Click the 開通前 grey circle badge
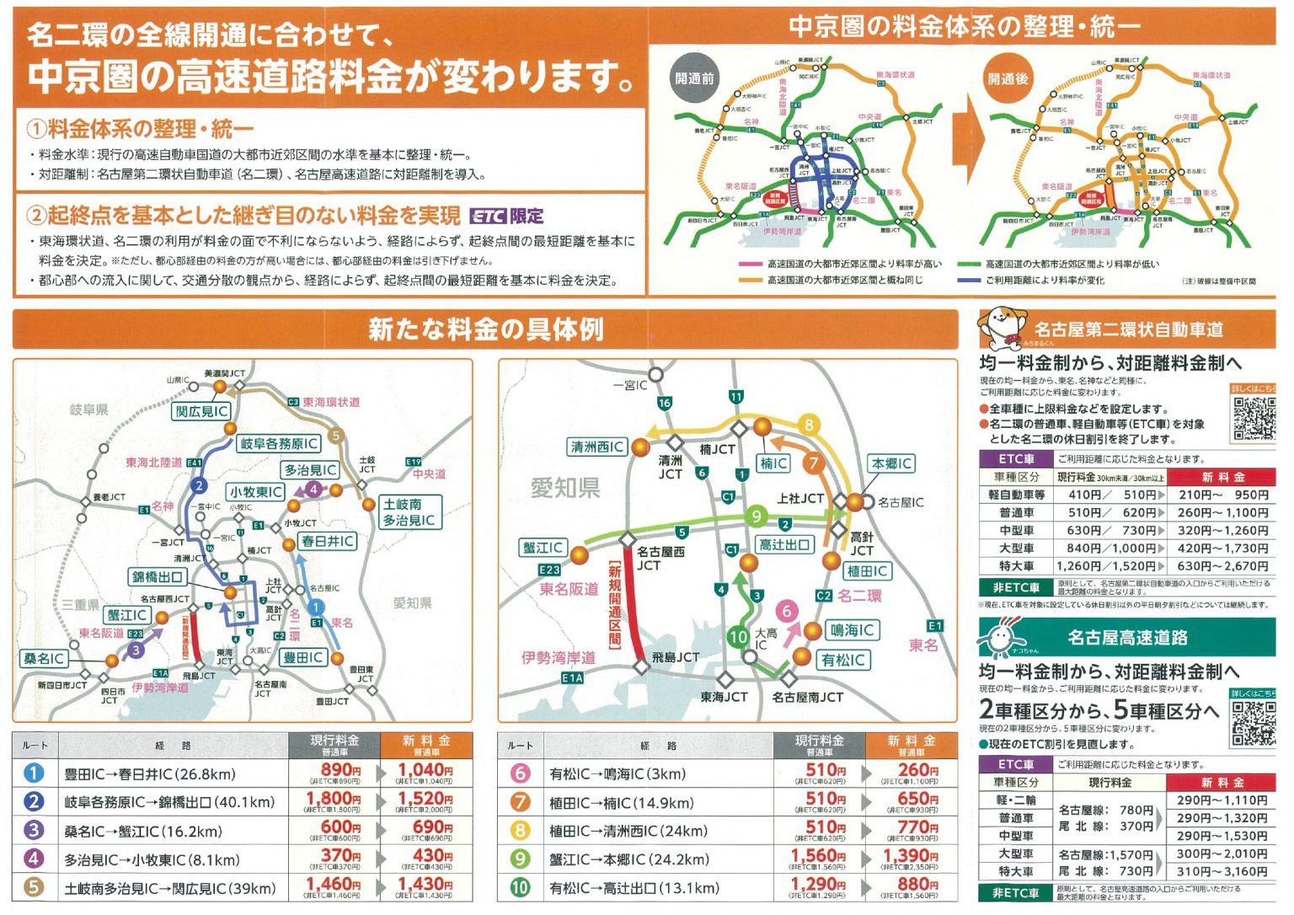click(694, 78)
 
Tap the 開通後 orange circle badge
click(1008, 78)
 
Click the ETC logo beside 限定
click(488, 216)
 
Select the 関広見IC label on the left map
click(201, 411)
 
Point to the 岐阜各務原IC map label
click(279, 443)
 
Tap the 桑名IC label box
click(44, 658)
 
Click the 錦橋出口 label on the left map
click(158, 577)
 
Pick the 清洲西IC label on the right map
click(597, 447)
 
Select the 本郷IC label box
click(891, 463)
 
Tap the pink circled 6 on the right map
click(786, 612)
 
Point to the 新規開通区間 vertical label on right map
click(615, 604)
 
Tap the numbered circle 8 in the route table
click(521, 831)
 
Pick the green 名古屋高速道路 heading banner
click(1127, 638)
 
